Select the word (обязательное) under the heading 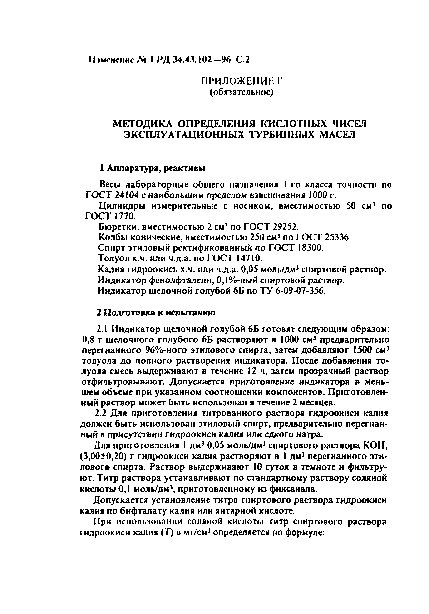click(241, 93)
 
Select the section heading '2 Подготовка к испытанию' click(156, 313)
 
